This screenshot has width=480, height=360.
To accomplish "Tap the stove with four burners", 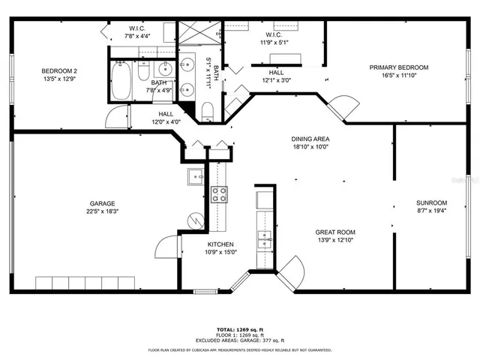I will (220, 195).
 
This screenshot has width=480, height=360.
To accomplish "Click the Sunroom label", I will (431, 202).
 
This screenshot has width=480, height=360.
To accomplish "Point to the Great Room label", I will (334, 232).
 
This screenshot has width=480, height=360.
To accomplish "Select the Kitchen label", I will (220, 244).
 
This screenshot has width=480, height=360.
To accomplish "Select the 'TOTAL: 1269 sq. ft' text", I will (239, 329).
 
